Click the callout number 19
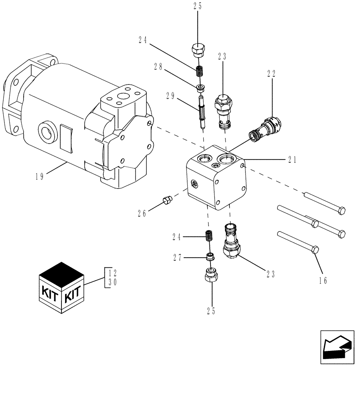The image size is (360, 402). (x=39, y=176)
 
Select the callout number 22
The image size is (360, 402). (x=271, y=74)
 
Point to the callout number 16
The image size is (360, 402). (x=323, y=281)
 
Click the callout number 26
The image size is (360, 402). (x=142, y=213)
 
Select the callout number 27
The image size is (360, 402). (x=178, y=258)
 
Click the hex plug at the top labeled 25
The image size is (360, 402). (x=198, y=50)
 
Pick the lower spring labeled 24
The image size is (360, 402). (x=209, y=236)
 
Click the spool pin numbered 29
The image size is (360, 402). (x=202, y=111)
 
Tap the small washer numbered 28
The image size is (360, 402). (x=200, y=87)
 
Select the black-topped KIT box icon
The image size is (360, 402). (x=61, y=288)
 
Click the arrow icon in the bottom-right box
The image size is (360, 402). (x=337, y=347)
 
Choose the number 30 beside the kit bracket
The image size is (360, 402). (x=112, y=282)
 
